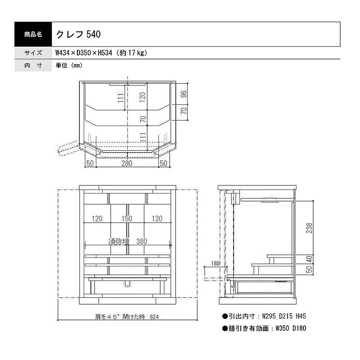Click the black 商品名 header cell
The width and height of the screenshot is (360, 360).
click(x=33, y=35)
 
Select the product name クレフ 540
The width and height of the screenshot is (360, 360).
click(x=78, y=35)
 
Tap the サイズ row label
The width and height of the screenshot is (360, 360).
click(x=33, y=53)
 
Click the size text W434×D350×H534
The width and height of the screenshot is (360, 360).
click(x=84, y=53)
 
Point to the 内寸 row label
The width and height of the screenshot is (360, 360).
click(x=33, y=65)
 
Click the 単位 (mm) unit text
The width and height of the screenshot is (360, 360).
click(x=69, y=65)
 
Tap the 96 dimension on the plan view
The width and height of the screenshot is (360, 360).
click(x=184, y=94)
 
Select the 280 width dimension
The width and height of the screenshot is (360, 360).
click(x=127, y=163)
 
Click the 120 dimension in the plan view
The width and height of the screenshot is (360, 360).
click(x=142, y=97)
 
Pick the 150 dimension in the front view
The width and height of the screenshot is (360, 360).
click(x=127, y=219)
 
